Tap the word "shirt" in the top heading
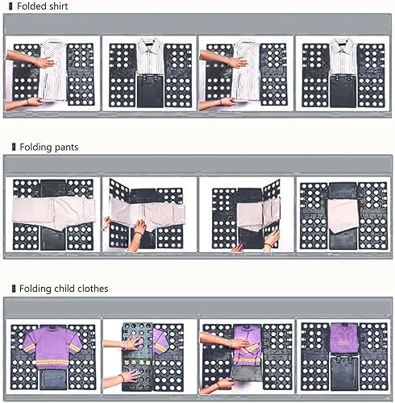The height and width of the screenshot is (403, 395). pos(57,6)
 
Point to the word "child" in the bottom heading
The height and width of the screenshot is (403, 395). pos(64,289)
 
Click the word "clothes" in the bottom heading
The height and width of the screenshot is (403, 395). pos(93,289)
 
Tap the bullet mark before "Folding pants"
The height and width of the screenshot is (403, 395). pos(14,147)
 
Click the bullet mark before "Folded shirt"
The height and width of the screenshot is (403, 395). pos(10,6)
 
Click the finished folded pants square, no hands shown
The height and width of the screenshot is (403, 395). pos(343,216)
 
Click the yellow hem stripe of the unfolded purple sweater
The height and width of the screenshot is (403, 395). pos(52,362)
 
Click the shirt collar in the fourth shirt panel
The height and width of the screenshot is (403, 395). pos(343,44)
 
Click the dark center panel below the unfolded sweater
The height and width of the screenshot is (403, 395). pos(52,380)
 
